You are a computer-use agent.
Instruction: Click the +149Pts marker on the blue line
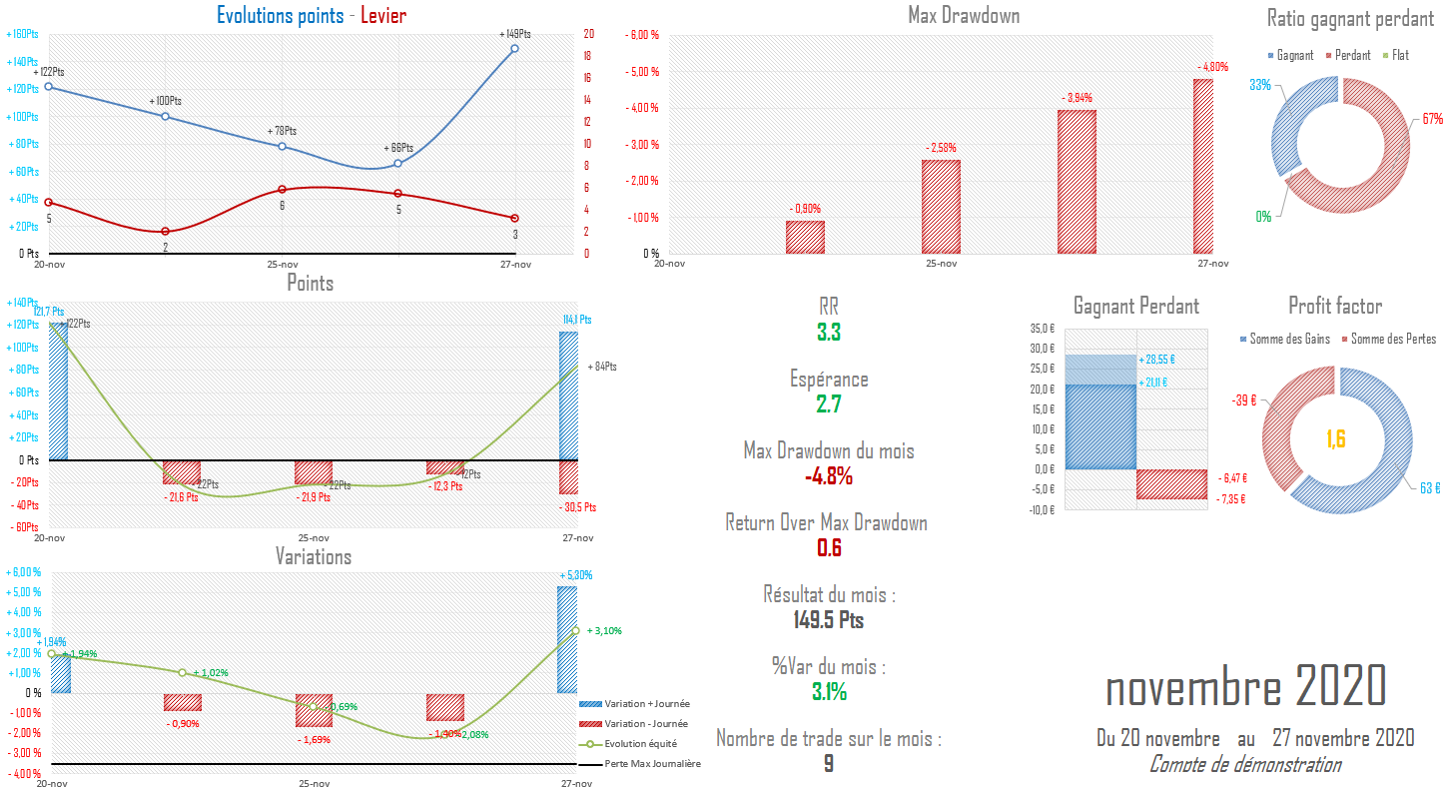[x=514, y=48]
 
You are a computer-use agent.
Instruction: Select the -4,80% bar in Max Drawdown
[x=1203, y=166]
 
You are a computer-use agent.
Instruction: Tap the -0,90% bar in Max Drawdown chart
[x=805, y=238]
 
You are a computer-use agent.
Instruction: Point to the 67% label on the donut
[x=1433, y=119]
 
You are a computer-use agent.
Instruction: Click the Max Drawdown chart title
[x=963, y=15]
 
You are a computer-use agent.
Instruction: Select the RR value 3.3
[x=828, y=333]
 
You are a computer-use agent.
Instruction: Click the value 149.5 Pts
[x=828, y=620]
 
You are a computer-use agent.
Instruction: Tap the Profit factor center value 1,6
[x=1336, y=438]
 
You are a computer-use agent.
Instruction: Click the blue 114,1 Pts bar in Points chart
[x=567, y=395]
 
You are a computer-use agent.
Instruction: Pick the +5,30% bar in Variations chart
[x=566, y=639]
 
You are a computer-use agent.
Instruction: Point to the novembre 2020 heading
[x=1245, y=687]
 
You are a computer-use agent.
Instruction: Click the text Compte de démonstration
[x=1244, y=765]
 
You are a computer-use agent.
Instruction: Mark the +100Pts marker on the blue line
[x=166, y=116]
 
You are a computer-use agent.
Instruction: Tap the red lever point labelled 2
[x=166, y=232]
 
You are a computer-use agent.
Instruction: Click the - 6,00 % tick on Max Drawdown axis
[x=641, y=36]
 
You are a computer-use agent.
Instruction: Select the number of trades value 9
[x=828, y=764]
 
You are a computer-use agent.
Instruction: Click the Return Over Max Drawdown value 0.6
[x=828, y=548]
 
